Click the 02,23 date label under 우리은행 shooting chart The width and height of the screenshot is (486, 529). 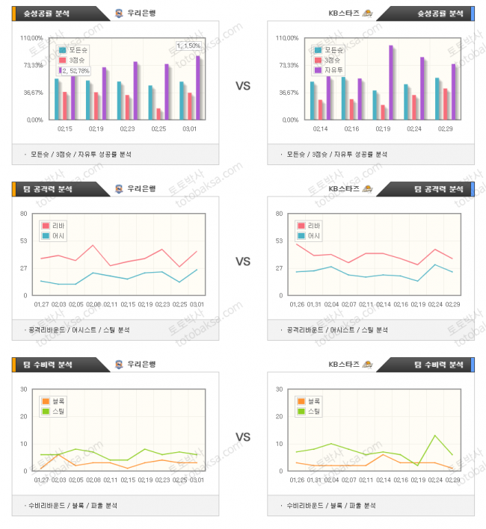click(x=127, y=129)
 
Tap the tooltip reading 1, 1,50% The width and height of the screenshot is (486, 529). click(x=188, y=46)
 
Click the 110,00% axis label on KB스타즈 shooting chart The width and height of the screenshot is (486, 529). click(x=288, y=37)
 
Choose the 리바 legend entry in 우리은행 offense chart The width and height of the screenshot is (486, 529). click(x=57, y=226)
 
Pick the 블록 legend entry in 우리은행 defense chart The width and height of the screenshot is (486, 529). click(x=57, y=401)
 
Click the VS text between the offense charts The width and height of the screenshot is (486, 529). click(x=242, y=262)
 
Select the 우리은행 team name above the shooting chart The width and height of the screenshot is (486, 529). click(x=141, y=13)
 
